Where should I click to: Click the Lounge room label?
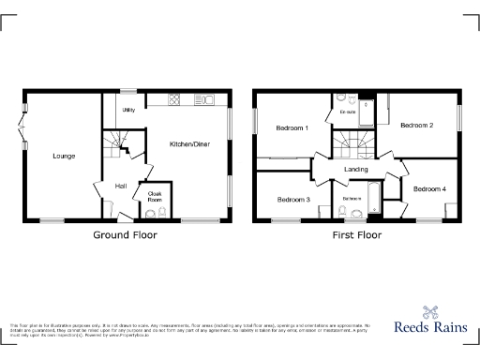coord(64,156)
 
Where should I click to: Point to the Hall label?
coord(121,186)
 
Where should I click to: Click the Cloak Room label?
coord(155,196)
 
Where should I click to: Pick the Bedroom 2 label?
coord(416,125)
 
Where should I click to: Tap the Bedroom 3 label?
coord(293,199)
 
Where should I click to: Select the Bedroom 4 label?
coord(429,189)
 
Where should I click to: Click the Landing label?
coord(356,169)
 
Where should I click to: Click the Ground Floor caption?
coord(123,236)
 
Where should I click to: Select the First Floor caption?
coord(356,236)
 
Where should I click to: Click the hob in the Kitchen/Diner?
coord(175,99)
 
